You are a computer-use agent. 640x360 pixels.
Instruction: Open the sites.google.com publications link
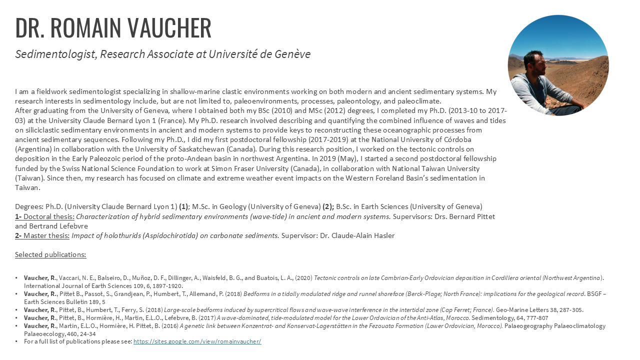pos(197,341)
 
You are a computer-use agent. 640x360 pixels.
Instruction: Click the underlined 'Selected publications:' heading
pos(50,254)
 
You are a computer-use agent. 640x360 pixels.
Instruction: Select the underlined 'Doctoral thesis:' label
pos(49,216)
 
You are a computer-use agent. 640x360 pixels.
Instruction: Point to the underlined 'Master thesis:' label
pos(46,235)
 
